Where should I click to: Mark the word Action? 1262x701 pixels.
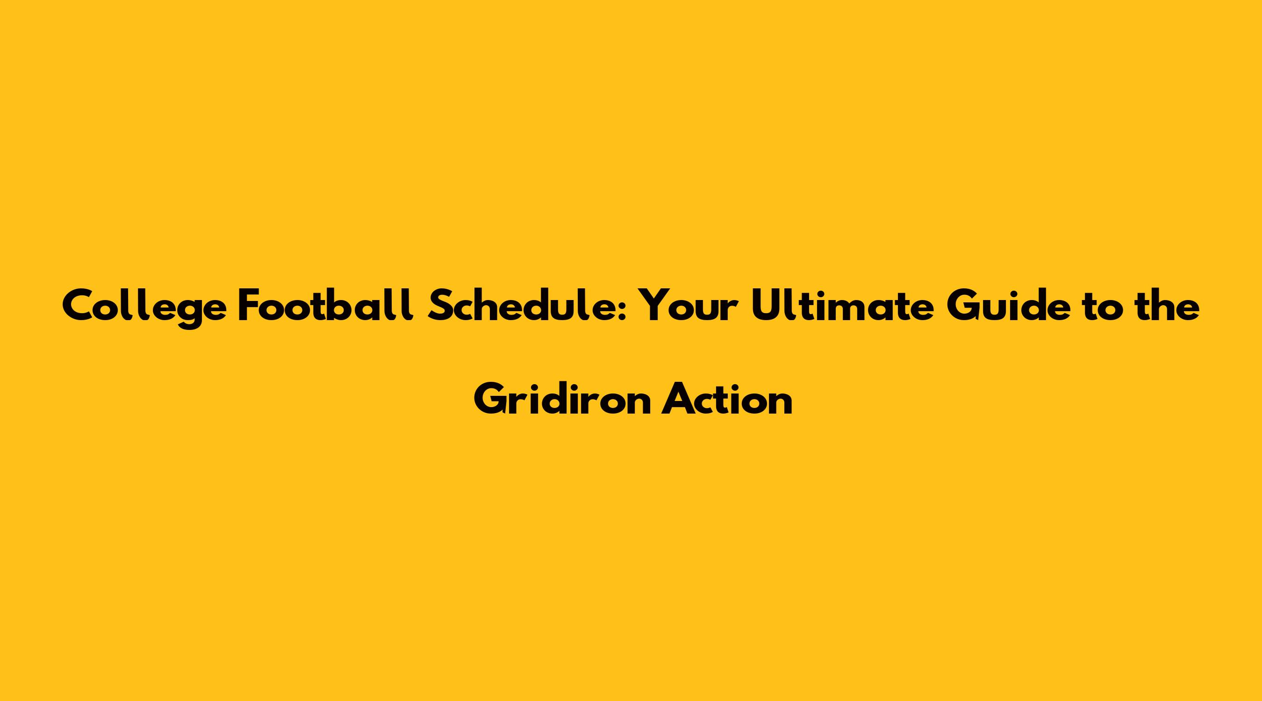click(x=727, y=399)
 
